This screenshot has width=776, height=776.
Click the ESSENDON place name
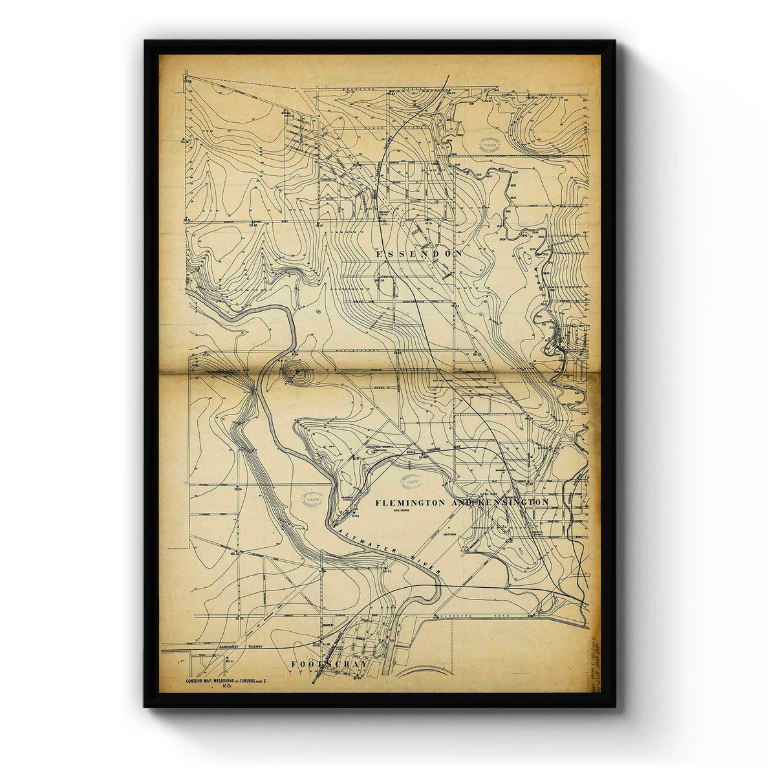419,254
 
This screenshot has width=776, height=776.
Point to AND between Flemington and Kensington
464,502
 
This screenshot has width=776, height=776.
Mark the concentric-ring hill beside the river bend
297,372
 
